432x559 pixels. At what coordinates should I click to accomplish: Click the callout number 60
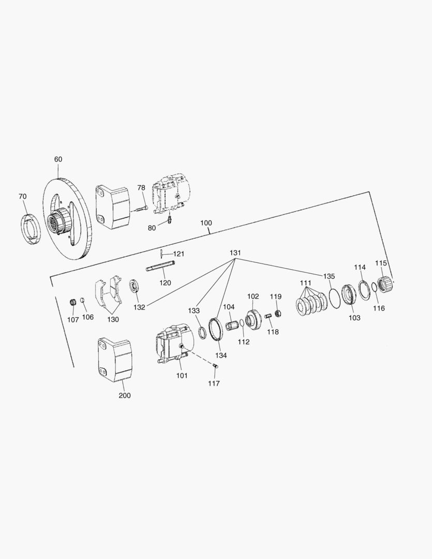[58, 159]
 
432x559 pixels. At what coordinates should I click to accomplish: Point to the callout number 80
[152, 228]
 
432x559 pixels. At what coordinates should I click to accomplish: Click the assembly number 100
[206, 223]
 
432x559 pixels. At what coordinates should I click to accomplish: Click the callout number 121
[178, 254]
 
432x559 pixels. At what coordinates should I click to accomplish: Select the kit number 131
[235, 253]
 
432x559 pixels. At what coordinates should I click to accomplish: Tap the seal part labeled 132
[135, 286]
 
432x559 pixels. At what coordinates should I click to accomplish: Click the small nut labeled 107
[73, 302]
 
